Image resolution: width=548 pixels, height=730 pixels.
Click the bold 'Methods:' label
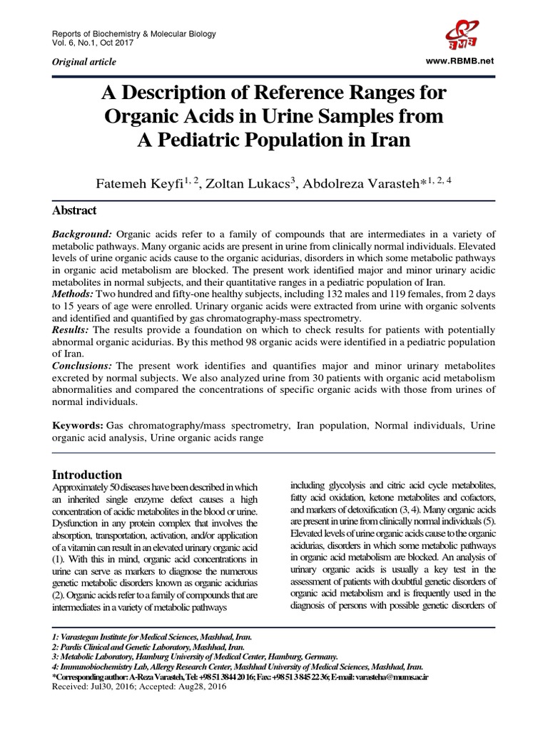pyautogui.click(x=74, y=294)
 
